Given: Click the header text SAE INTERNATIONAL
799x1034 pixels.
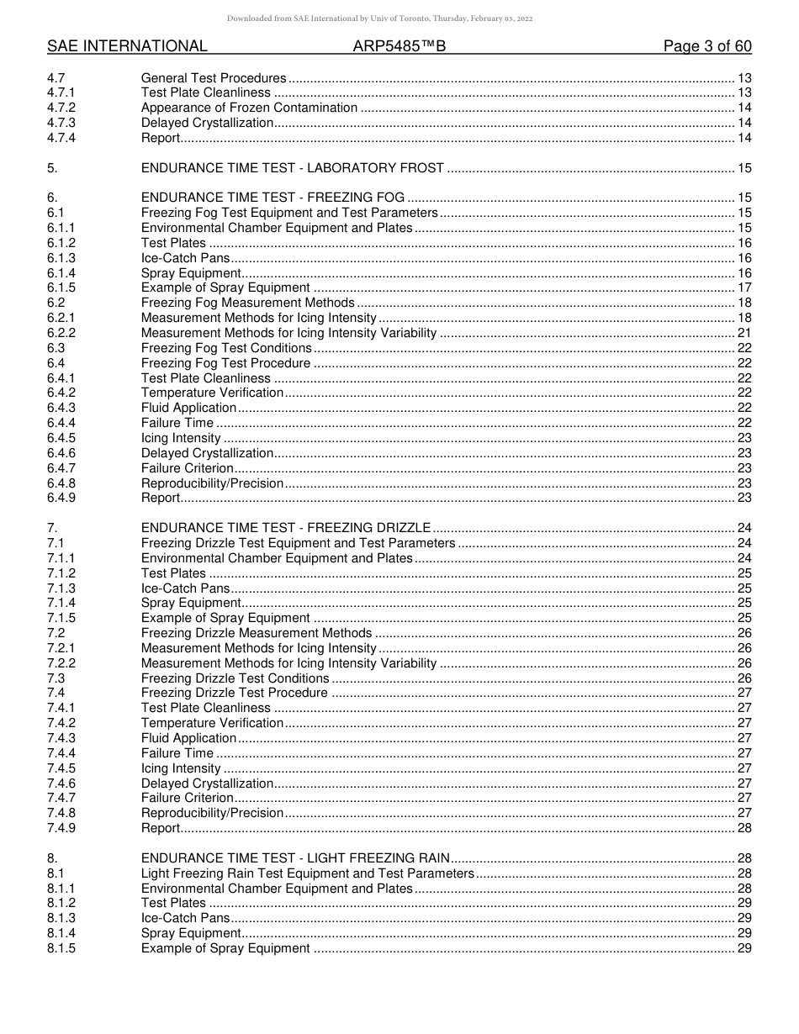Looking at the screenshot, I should [x=127, y=46].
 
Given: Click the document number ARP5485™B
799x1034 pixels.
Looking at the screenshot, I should [x=399, y=46].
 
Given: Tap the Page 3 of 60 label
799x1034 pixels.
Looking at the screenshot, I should [x=707, y=46].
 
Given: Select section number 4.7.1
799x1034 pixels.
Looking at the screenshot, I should [x=61, y=92].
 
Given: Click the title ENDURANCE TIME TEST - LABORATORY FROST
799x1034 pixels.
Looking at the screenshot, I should [x=292, y=168].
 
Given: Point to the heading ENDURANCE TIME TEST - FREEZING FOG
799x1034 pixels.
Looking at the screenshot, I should [x=273, y=198].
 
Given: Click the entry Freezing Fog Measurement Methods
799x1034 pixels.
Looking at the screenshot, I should [x=248, y=303].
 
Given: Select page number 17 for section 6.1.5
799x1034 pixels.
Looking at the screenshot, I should [x=743, y=288].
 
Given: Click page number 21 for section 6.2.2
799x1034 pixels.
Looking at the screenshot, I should [x=743, y=333].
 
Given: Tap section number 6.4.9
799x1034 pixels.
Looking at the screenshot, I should [x=61, y=498].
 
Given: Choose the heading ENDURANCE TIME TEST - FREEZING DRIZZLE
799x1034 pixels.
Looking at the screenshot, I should [x=286, y=528].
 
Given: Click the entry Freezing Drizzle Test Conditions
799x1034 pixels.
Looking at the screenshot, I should [x=235, y=678].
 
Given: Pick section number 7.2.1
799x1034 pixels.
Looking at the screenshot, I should [x=61, y=648].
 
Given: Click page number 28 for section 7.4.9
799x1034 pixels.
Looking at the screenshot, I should [x=743, y=828].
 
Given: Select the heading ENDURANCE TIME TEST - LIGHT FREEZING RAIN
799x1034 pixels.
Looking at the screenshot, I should [x=296, y=858].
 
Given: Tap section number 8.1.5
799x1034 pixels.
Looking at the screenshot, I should [x=61, y=948].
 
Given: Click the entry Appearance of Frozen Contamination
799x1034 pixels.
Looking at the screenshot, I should [x=249, y=108].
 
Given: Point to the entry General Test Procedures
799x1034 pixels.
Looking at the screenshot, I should [x=214, y=78].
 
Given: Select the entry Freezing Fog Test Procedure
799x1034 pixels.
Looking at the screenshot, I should [x=225, y=363].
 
